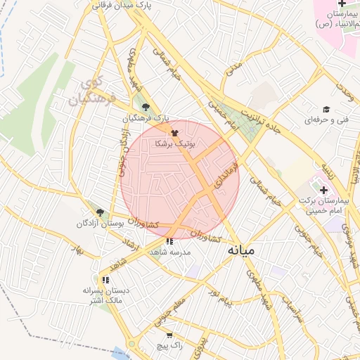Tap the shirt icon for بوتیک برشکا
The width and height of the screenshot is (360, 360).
coord(174,131)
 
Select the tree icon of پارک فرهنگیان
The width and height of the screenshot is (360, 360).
coord(146,107)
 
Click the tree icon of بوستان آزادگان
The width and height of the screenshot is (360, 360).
coord(100,212)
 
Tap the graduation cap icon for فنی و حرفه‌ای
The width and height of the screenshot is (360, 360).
coord(326,109)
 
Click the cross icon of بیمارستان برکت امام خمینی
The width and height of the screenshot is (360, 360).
coord(323,189)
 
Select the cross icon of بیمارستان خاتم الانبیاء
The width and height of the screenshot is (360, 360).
coord(342,4)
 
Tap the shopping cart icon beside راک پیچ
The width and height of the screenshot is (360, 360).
coord(169,335)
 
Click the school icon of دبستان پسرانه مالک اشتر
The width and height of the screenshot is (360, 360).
coord(106,279)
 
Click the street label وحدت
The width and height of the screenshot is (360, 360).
coord(344,90)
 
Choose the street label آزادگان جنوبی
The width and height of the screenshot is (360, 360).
coord(124,154)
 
